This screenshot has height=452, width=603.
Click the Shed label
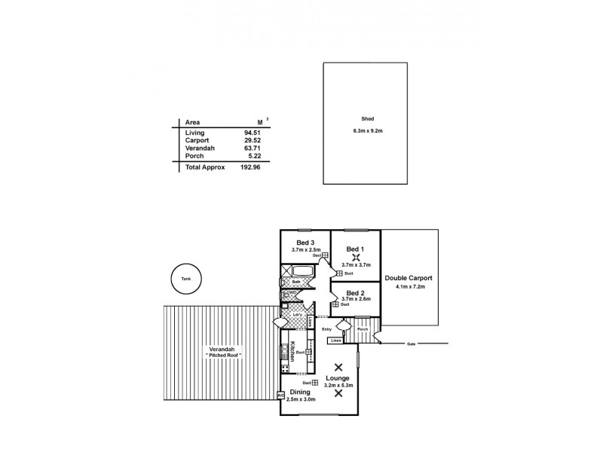[x=368, y=119]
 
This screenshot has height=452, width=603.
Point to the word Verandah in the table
[x=200, y=148]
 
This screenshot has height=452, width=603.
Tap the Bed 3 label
[x=305, y=242]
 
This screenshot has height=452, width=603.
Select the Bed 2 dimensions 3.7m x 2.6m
[x=357, y=299]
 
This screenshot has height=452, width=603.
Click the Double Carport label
[x=408, y=278]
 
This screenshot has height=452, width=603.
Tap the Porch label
[x=363, y=329]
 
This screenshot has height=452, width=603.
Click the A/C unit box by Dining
[x=281, y=394]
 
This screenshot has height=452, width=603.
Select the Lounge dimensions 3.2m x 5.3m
[x=338, y=386]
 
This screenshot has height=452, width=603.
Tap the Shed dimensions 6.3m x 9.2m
[x=368, y=131]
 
